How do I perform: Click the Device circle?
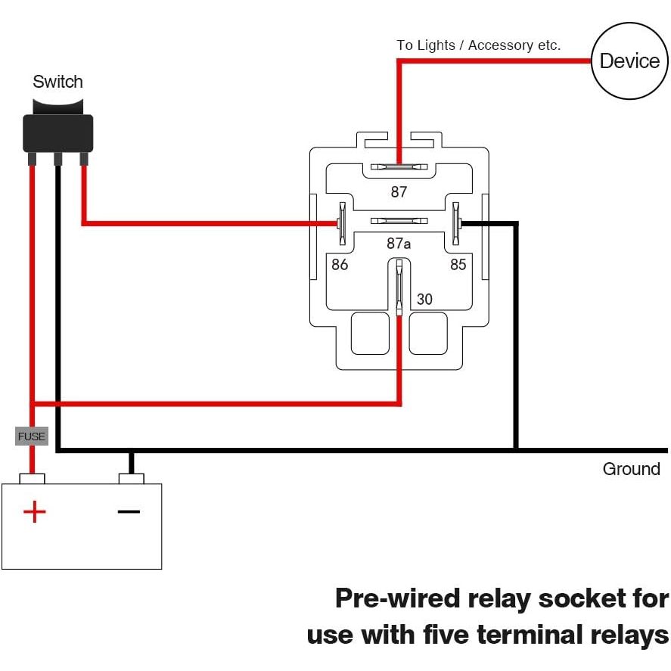(x=629, y=61)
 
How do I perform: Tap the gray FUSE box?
(x=32, y=436)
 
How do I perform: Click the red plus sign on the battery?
(x=34, y=512)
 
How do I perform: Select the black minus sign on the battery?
(x=129, y=511)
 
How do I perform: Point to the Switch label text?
(x=57, y=82)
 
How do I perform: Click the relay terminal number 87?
(x=399, y=192)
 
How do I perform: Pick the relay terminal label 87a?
(x=399, y=244)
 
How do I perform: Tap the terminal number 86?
(x=340, y=265)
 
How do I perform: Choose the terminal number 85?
(x=458, y=265)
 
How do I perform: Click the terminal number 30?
(x=424, y=300)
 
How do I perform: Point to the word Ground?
(x=631, y=469)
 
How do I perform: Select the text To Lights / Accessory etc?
(x=479, y=45)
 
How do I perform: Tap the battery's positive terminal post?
(x=33, y=479)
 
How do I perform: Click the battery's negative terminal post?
(x=132, y=479)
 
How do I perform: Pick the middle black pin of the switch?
(x=57, y=158)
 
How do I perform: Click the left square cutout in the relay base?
(x=370, y=333)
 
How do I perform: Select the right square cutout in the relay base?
(x=428, y=333)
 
